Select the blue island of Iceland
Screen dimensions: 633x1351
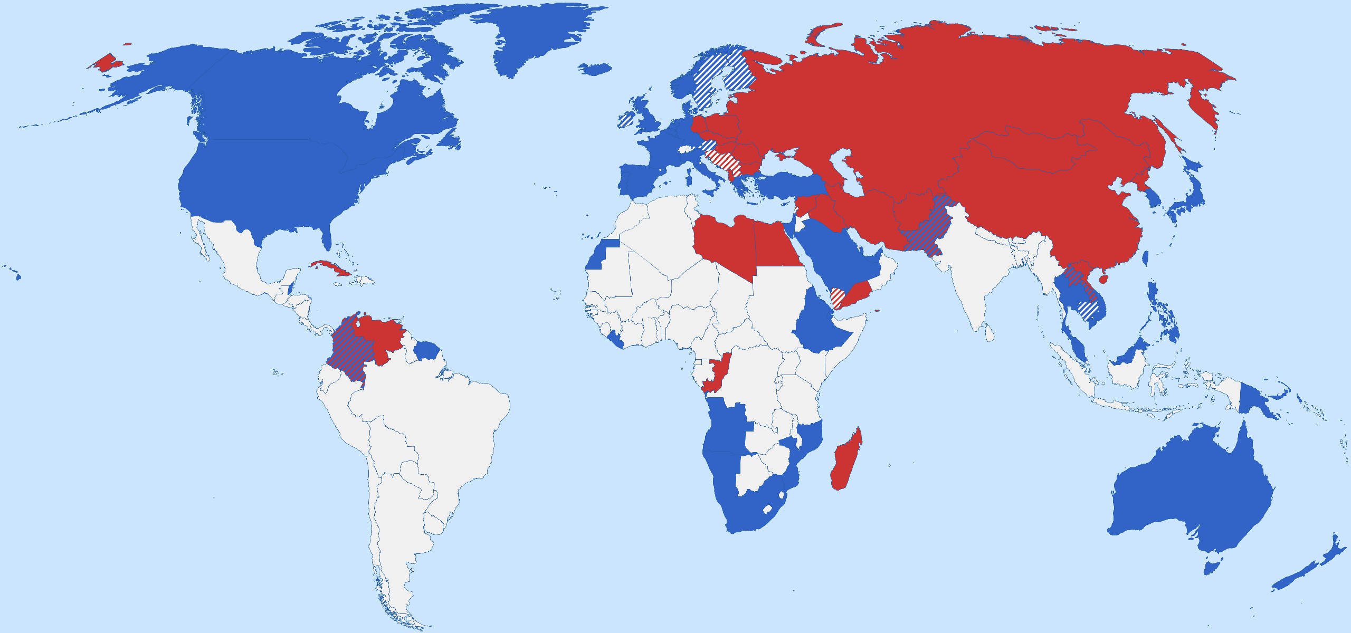[x=595, y=69]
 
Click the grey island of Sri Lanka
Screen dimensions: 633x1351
[x=990, y=333]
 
